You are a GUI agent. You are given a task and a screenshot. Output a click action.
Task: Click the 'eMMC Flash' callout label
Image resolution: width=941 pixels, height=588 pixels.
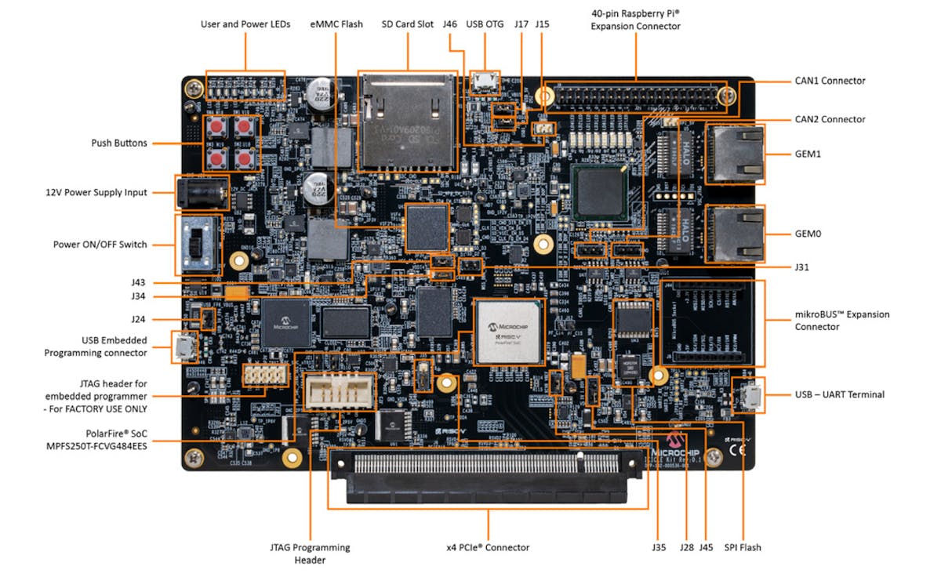[336, 24]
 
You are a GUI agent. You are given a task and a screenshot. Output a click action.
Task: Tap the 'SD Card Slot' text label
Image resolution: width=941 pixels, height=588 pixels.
[408, 24]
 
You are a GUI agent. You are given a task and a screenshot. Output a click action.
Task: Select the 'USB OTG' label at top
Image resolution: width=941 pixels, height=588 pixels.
[484, 24]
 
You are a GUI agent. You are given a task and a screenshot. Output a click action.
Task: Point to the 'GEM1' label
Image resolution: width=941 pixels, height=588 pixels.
[808, 154]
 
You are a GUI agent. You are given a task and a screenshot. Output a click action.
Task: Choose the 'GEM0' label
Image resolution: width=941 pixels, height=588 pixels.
[808, 234]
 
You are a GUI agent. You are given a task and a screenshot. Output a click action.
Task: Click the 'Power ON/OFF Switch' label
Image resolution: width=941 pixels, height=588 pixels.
[100, 244]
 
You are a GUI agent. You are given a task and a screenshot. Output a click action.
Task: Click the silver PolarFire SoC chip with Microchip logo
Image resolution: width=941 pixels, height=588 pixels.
[510, 331]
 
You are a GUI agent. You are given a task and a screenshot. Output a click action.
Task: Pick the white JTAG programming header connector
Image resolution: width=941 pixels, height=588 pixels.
[340, 389]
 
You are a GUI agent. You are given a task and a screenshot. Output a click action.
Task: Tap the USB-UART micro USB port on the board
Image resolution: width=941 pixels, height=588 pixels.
[749, 395]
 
